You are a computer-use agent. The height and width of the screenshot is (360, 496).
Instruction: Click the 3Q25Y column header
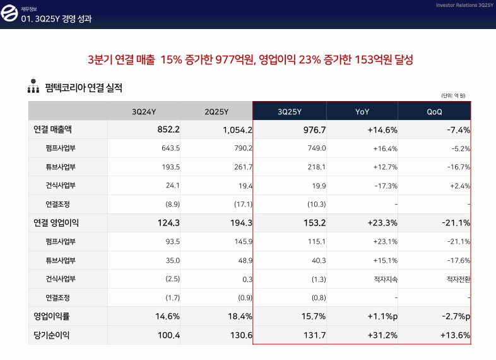(x=290, y=112)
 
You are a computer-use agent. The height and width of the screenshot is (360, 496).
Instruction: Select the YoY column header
(x=362, y=112)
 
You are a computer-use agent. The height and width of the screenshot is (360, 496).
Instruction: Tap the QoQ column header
(x=434, y=112)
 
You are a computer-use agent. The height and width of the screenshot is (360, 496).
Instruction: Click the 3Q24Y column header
(x=144, y=112)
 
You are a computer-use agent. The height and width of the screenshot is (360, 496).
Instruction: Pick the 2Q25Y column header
(x=216, y=112)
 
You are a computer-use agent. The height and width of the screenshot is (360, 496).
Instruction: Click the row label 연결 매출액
(x=52, y=129)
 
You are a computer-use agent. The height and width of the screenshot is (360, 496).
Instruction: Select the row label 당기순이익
(x=51, y=335)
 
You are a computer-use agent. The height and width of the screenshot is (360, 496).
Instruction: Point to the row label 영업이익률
(x=51, y=316)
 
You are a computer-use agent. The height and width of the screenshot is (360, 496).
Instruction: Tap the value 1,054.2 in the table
(x=237, y=130)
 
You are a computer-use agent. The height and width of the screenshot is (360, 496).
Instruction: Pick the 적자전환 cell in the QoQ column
(x=458, y=279)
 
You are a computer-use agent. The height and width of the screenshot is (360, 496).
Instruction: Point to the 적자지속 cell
(x=386, y=279)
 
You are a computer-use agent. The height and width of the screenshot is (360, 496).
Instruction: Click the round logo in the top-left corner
(x=10, y=15)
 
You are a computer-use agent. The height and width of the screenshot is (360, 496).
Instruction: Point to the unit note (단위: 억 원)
(x=453, y=95)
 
